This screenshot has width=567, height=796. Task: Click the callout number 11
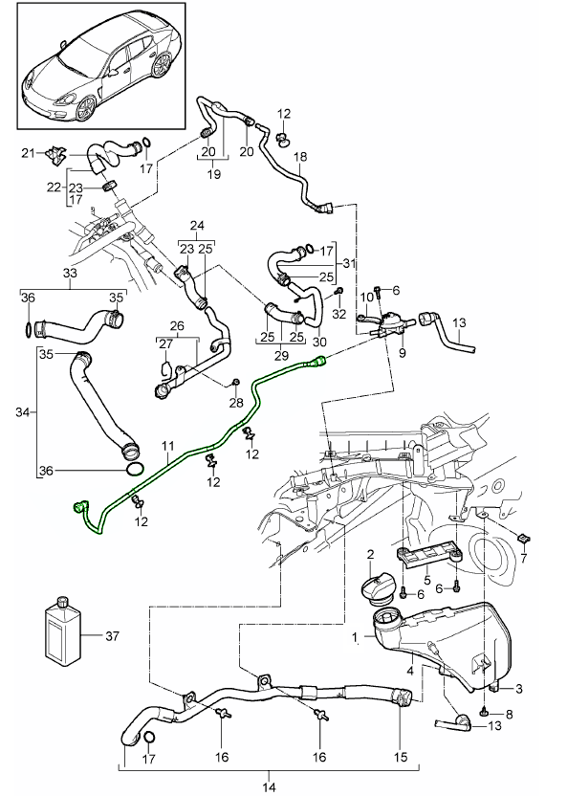coord(166,446)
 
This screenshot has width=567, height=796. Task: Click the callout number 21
coord(28,152)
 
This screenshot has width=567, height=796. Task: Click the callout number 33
coord(71,273)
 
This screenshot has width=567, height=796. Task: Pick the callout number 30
coord(318,343)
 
